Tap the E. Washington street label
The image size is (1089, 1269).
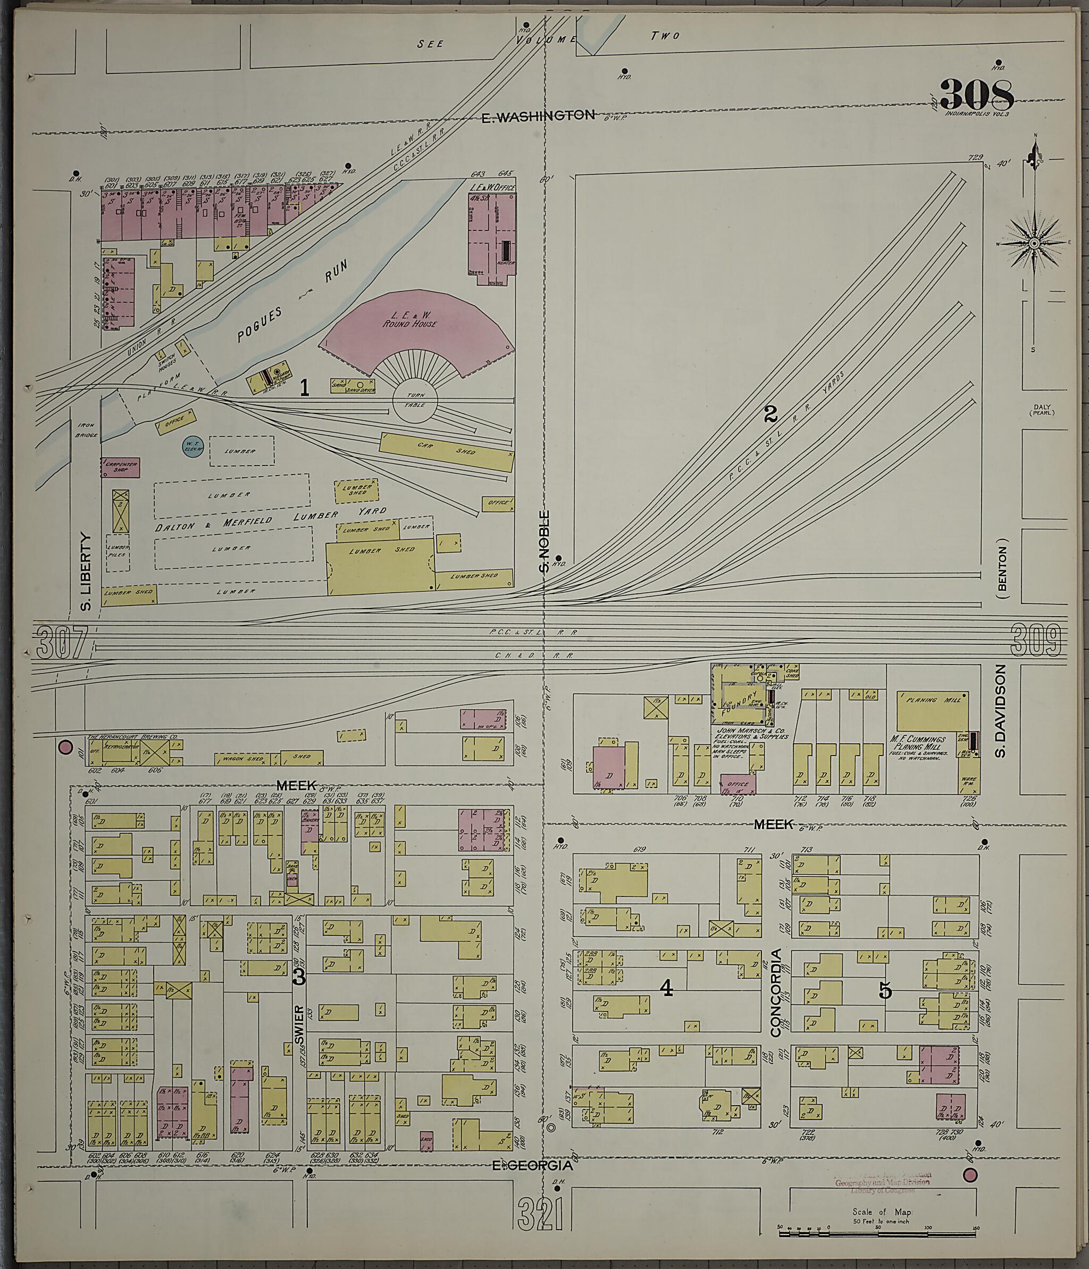[538, 117]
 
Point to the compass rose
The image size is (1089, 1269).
[1034, 243]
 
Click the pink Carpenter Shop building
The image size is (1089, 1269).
[120, 467]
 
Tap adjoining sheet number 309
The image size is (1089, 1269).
[1035, 640]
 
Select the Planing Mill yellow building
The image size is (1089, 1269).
[932, 710]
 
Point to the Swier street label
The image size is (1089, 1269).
[299, 1020]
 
